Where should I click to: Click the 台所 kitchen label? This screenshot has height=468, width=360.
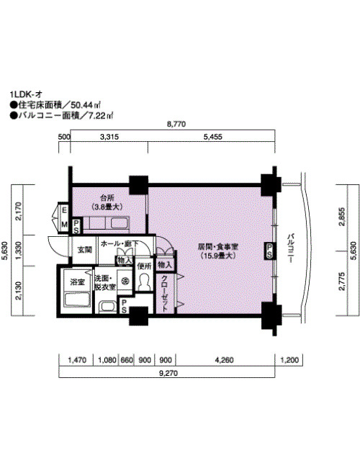[x=107, y=197]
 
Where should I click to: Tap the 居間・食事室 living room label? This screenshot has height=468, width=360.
[x=218, y=247]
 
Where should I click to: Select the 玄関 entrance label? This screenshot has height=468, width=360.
[x=85, y=250]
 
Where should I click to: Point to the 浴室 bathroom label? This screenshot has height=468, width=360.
[x=77, y=282]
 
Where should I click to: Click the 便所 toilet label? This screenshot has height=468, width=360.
[x=144, y=266]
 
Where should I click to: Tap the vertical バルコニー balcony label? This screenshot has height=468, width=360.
[x=290, y=248]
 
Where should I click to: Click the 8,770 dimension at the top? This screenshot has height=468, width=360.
[x=176, y=124]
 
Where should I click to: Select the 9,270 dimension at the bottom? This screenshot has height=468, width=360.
[x=168, y=373]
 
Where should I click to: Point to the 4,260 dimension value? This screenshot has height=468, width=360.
[x=224, y=360]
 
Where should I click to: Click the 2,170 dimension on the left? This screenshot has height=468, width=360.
[x=18, y=211]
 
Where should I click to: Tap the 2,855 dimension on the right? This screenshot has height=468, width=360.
[x=342, y=217]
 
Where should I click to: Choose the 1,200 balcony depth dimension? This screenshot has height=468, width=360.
[x=289, y=360]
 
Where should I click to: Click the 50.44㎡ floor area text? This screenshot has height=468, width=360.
[x=86, y=105]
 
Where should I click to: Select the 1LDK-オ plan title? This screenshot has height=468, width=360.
[x=26, y=94]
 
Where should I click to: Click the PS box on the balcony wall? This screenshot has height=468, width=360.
[x=269, y=251]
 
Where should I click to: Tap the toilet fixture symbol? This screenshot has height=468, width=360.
[x=144, y=282]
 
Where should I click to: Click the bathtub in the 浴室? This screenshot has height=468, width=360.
[x=77, y=300]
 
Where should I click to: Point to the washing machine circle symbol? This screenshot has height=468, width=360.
[x=125, y=281]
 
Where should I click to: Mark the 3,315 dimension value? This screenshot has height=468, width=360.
[x=109, y=137]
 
